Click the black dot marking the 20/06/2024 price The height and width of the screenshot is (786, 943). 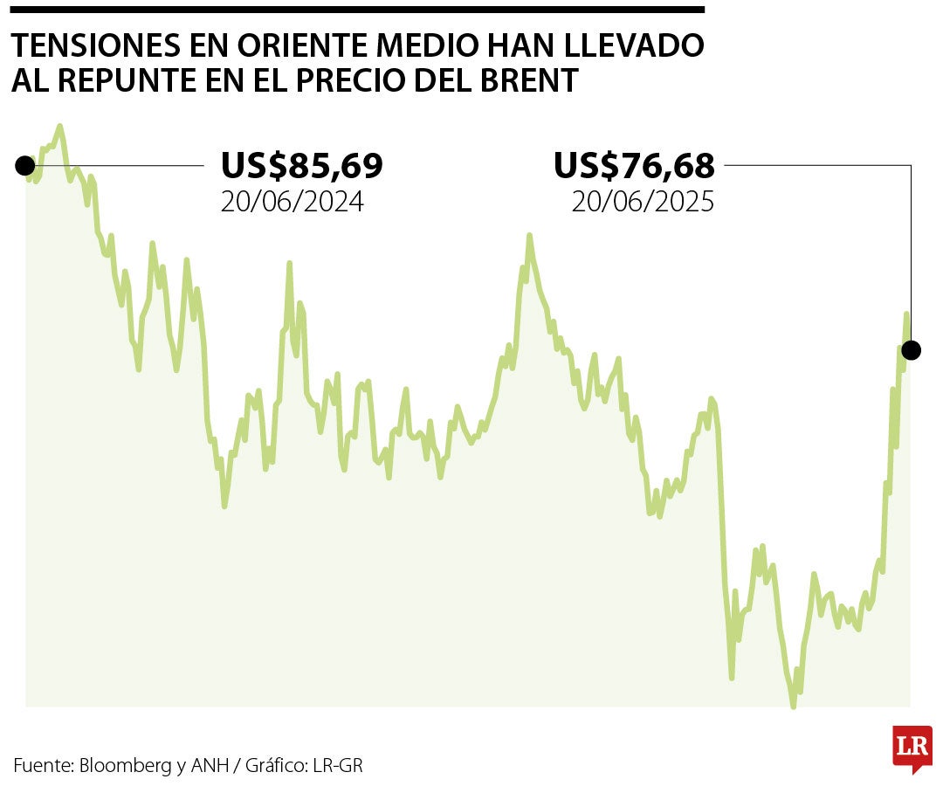click(24, 166)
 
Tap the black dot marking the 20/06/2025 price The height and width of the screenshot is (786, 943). click(911, 351)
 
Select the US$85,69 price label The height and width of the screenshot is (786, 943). click(301, 165)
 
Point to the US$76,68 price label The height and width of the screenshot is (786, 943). click(634, 165)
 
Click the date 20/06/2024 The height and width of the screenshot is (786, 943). click(292, 203)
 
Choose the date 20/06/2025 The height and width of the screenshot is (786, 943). click(643, 203)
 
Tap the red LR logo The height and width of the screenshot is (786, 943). click(912, 747)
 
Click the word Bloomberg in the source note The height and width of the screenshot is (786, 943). click(125, 766)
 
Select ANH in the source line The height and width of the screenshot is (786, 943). click(208, 766)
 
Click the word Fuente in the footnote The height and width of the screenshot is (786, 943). click(42, 766)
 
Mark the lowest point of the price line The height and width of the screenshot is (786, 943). click(793, 705)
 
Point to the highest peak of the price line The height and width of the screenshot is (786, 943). click(59, 127)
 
